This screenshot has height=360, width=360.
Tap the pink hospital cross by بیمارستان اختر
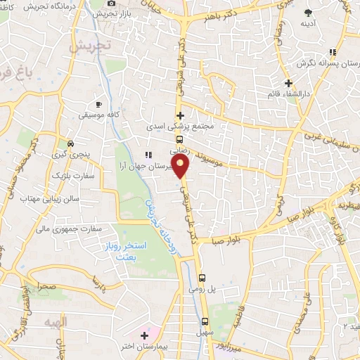point(145,333)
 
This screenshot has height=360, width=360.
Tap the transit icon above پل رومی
point(202,277)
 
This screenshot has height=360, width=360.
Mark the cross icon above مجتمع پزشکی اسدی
point(180,115)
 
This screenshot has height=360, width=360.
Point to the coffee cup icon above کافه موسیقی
point(99,103)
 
